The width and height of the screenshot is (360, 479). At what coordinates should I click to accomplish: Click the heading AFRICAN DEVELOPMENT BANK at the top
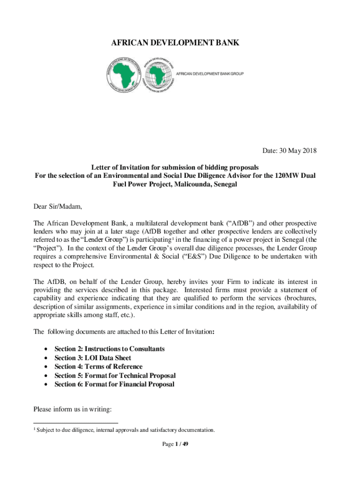(x=175, y=43)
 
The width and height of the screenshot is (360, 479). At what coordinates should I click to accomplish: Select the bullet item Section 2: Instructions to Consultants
(x=109, y=349)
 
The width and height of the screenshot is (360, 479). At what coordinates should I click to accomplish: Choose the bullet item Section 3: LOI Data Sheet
(x=93, y=358)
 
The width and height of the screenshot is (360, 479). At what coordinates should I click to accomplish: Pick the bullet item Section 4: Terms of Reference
(x=98, y=367)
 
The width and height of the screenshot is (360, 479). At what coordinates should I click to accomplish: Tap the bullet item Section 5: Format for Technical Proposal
(x=115, y=376)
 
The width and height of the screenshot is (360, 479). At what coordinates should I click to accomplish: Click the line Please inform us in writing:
(x=72, y=410)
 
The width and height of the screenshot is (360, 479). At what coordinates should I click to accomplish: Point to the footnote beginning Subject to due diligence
(x=125, y=430)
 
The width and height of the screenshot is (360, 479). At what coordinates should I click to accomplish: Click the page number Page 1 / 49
(x=175, y=444)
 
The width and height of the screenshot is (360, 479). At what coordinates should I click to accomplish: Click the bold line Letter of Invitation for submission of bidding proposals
(x=175, y=167)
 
